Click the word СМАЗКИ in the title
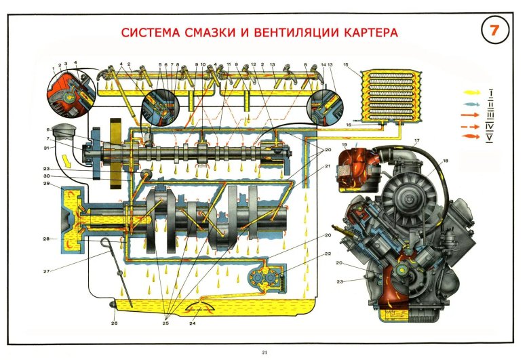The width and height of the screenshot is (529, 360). point(207,33)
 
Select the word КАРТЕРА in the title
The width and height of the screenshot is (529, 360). point(360,33)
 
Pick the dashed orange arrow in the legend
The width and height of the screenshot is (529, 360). point(470,125)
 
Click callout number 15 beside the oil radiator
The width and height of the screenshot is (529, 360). point(346,65)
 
